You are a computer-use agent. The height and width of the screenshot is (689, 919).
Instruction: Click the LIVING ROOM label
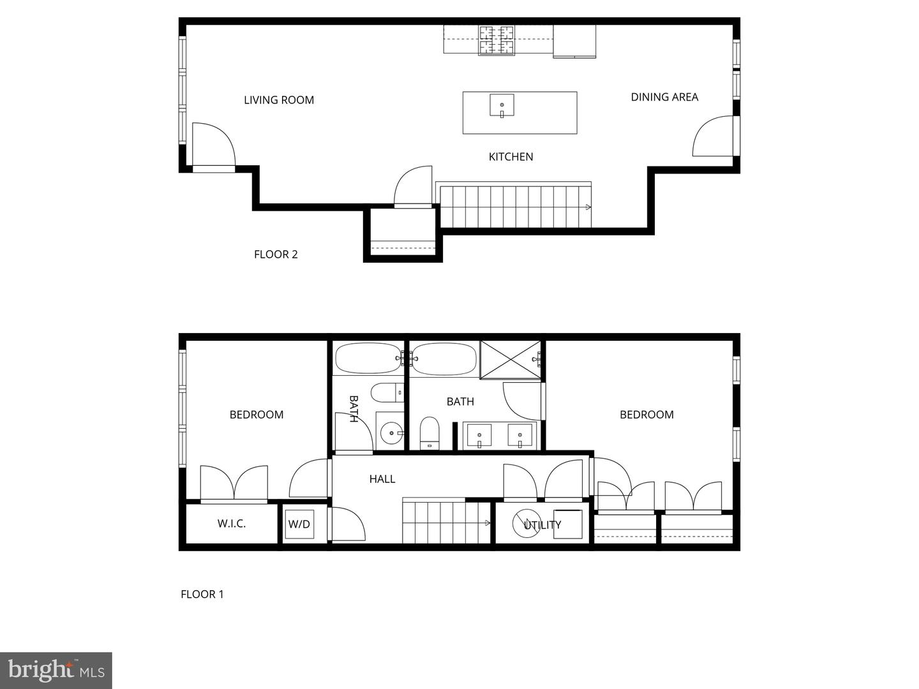tap(279, 100)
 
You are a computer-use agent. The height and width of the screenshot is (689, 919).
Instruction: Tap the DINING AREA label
tap(664, 97)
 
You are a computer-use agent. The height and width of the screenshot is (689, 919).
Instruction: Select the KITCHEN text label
tap(511, 156)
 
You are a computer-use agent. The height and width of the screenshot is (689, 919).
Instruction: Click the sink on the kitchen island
tap(502, 105)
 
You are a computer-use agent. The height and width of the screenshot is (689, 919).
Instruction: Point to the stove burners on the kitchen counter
tap(497, 40)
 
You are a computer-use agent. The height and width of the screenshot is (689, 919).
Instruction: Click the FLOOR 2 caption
tap(276, 254)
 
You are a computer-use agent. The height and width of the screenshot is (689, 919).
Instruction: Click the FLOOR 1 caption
tap(202, 594)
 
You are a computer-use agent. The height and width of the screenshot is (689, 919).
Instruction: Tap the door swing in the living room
tap(213, 145)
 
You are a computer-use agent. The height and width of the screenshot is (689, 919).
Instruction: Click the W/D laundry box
tap(299, 524)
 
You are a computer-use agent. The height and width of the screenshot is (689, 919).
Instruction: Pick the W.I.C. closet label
tap(231, 523)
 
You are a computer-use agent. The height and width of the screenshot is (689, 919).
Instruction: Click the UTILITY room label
tap(542, 524)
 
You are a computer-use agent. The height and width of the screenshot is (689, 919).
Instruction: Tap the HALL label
tap(382, 478)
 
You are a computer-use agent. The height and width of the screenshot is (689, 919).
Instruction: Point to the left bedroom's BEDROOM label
tap(257, 414)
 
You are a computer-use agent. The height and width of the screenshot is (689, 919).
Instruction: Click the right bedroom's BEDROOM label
tap(646, 414)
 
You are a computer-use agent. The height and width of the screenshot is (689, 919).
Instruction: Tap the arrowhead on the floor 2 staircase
tap(588, 207)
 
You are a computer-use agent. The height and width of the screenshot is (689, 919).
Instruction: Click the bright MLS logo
tap(56, 670)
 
